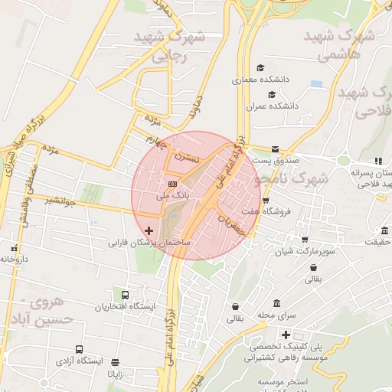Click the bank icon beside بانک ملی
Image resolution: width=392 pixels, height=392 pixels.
pyautogui.click(x=172, y=184)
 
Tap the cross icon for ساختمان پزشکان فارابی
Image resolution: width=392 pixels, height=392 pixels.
pyautogui.click(x=149, y=230)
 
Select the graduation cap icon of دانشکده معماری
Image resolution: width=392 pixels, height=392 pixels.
pyautogui.click(x=260, y=67)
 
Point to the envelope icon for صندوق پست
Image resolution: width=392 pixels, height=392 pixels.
pyautogui.click(x=275, y=149)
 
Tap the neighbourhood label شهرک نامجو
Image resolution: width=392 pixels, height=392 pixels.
pyautogui.click(x=295, y=178)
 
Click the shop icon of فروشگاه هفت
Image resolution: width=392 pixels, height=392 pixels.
pyautogui.click(x=266, y=201)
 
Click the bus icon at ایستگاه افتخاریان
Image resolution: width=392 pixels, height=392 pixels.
pyautogui.click(x=125, y=295)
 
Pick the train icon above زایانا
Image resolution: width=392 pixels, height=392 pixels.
pyautogui.click(x=115, y=362)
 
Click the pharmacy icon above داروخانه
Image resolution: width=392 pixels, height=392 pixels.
pyautogui.click(x=13, y=248)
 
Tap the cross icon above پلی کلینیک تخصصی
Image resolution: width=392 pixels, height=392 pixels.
pyautogui.click(x=286, y=335)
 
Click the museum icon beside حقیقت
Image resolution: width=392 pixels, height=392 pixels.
pyautogui.click(x=384, y=231)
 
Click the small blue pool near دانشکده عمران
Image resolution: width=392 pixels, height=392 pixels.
pyautogui.click(x=316, y=83)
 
